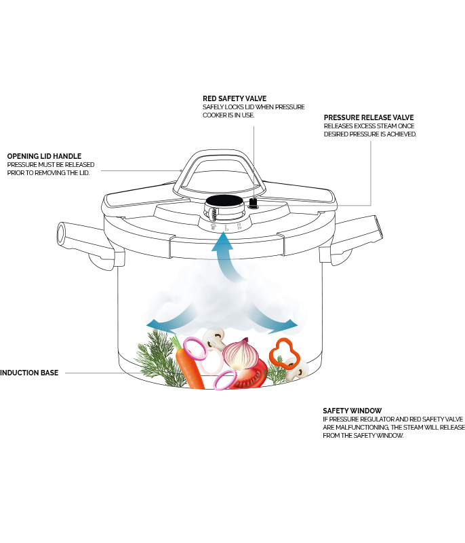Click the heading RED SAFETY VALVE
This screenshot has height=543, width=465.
click(234, 98)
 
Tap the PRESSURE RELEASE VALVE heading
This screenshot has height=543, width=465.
click(369, 117)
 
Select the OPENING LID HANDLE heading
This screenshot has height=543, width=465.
click(44, 156)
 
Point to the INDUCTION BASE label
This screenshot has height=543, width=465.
click(29, 373)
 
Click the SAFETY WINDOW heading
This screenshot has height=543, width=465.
click(352, 411)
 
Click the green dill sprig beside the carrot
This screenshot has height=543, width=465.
click(156, 356)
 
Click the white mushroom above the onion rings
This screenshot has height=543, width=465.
click(216, 337)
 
